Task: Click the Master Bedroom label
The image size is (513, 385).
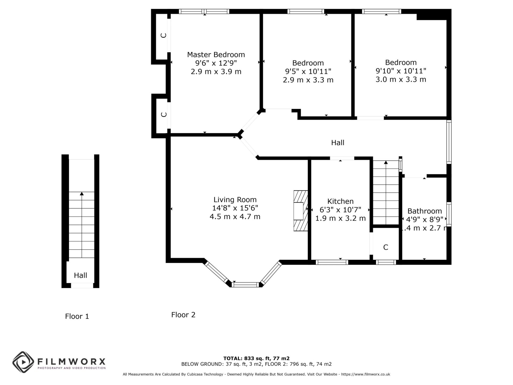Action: (x=216, y=55)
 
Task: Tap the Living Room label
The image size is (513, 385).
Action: (x=235, y=199)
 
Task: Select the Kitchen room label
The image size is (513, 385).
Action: (x=340, y=201)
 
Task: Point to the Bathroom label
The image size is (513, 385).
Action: (x=425, y=211)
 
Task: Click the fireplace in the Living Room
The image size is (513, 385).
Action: (x=301, y=211)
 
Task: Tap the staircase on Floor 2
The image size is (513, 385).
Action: (x=386, y=192)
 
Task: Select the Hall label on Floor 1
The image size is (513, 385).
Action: (x=80, y=275)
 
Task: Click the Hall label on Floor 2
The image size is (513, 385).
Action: (x=338, y=143)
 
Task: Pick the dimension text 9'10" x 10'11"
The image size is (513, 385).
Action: (x=401, y=71)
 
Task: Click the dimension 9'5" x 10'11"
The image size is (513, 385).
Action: (x=308, y=71)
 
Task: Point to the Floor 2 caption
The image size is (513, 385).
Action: (x=183, y=315)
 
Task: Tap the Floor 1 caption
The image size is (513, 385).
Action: (x=77, y=316)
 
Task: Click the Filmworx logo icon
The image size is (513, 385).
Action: (x=23, y=362)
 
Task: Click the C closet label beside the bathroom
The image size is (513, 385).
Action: (x=386, y=247)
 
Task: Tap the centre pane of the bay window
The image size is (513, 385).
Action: (x=246, y=284)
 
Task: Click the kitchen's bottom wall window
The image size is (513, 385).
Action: (x=332, y=262)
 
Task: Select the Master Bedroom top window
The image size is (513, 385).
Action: (x=204, y=11)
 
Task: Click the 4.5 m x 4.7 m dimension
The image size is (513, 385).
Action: (x=235, y=217)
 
